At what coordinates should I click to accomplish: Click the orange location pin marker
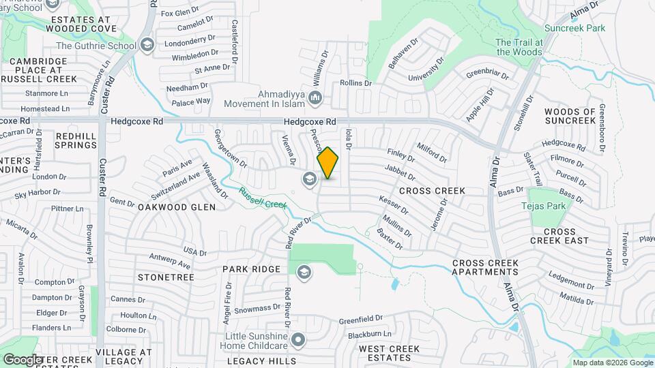328,164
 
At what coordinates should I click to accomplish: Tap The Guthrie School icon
146,46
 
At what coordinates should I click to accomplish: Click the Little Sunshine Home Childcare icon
298,339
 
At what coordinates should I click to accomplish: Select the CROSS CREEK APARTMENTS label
485,267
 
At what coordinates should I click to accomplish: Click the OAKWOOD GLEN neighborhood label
177,206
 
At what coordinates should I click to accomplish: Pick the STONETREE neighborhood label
166,277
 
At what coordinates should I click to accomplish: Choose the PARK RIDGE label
251,269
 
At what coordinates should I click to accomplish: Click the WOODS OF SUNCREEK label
570,116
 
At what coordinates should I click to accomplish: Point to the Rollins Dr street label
356,83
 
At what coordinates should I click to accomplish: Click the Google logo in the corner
23,359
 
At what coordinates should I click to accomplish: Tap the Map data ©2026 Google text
612,363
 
